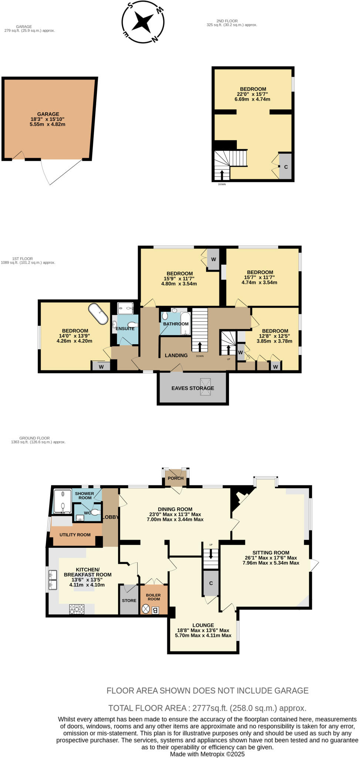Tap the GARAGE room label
pos(48,114)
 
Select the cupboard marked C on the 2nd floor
pos(286,167)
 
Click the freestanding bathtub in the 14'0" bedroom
pos(98,313)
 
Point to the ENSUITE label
pos(125,329)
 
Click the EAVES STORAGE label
pos(192,388)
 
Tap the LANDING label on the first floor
pos(176,355)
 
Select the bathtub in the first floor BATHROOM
pos(185,323)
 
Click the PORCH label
pos(175,478)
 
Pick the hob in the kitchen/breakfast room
pos(77,609)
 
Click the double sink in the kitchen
pos(52,580)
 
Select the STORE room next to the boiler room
pos(129,600)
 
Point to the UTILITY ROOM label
pos(75,535)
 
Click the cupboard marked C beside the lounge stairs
pos(211,583)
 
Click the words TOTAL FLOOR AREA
pos(147,708)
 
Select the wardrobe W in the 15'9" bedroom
pos(213,259)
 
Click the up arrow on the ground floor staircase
pos(211,554)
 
